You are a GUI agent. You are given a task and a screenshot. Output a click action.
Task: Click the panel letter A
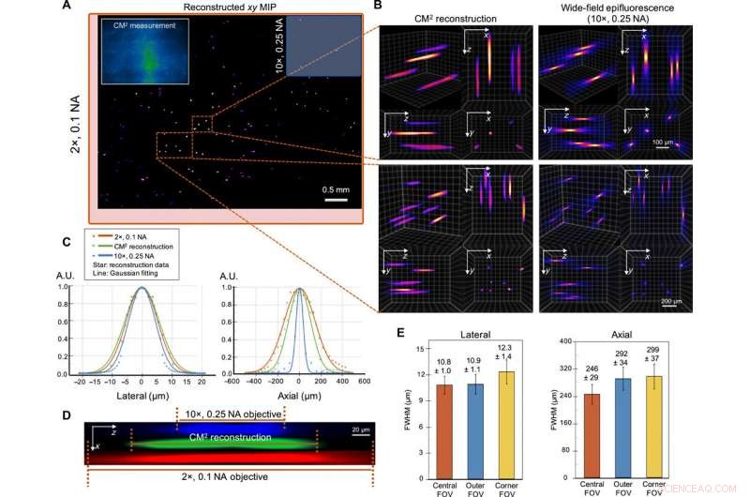92,8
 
